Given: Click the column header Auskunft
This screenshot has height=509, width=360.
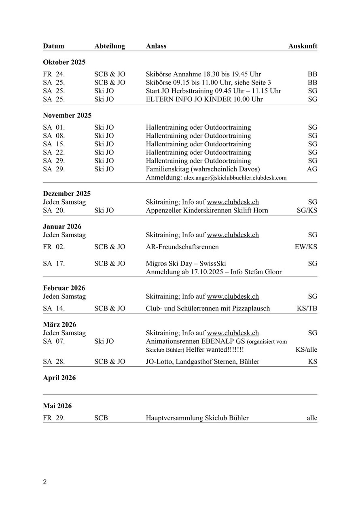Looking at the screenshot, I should (x=303, y=46).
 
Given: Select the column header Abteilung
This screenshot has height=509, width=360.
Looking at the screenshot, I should (x=110, y=46).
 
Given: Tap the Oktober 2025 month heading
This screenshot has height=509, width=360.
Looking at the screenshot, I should (x=64, y=62).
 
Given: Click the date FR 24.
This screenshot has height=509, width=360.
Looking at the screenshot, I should (x=54, y=74).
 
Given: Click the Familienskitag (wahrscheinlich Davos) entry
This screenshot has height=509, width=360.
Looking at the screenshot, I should (x=203, y=169).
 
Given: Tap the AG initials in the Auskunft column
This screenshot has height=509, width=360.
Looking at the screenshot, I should (x=312, y=169).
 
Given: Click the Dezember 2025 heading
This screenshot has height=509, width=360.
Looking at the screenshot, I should (x=67, y=193).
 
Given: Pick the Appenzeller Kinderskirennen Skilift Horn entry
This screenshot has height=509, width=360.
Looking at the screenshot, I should (x=207, y=210).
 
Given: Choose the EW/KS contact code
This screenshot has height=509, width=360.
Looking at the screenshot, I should (x=306, y=247).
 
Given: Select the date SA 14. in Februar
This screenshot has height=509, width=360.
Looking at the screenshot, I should (x=54, y=308).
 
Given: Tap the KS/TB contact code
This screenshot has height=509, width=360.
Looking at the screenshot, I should (x=307, y=308).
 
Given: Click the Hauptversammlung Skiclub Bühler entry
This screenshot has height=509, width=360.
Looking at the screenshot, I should (x=197, y=418).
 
